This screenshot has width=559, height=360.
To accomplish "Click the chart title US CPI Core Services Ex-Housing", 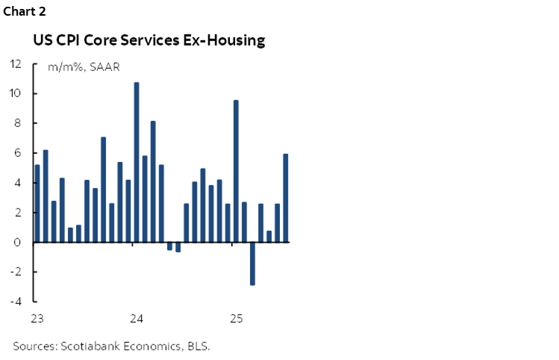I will tap(149, 40).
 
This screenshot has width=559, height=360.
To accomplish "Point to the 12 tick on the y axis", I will tap(16, 63).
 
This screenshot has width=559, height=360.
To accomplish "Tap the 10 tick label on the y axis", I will tap(16, 93).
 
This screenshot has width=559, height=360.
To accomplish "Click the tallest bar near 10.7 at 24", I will tap(137, 162).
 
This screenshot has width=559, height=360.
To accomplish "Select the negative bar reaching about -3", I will tap(252, 264).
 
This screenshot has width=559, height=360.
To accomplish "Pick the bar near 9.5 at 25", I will tap(236, 171).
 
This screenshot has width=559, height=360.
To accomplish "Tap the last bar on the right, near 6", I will tap(286, 198).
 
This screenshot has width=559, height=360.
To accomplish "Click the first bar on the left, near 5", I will tap(37, 203).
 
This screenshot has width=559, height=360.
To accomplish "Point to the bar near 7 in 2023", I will tap(103, 190).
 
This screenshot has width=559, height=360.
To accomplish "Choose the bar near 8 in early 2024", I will tap(153, 181).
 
